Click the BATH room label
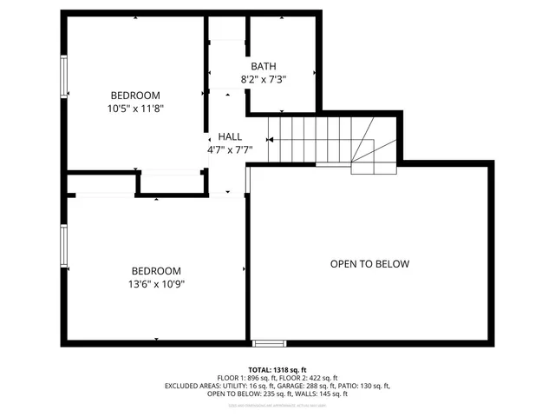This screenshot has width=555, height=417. [264, 67]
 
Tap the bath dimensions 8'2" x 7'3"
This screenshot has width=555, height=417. [264, 79]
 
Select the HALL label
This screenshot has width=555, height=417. [230, 136]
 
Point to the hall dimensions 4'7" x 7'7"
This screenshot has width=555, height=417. [230, 149]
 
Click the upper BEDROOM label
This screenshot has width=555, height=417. [136, 96]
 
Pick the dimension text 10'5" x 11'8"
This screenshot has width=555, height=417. [136, 109]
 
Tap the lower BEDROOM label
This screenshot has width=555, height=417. [157, 270]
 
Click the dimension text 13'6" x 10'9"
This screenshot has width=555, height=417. [157, 283]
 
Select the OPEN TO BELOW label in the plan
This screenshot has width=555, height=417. [369, 264]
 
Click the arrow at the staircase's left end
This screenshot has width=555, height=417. [271, 138]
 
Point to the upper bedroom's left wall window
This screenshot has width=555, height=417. [63, 77]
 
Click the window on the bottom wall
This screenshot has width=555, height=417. [267, 342]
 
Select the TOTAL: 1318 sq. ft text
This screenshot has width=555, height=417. [277, 369]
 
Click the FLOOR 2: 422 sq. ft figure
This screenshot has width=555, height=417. [310, 378]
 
